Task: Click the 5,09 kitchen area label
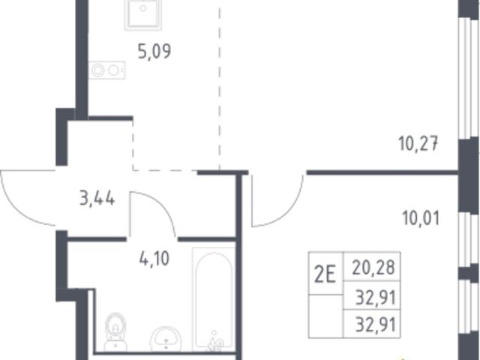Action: (154, 52)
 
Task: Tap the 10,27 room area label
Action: (418, 143)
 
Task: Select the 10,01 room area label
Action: (421, 218)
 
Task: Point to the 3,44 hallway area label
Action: (97, 198)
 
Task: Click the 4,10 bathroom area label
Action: (154, 259)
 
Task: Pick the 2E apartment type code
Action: (325, 274)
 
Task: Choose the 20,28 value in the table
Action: (373, 267)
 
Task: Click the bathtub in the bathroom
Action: (214, 299)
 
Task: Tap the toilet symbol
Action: (115, 332)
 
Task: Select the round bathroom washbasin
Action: (166, 339)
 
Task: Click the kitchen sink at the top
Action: (143, 15)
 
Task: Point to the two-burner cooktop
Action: (106, 70)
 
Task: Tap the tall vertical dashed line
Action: (220, 88)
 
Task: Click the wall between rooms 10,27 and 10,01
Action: (382, 173)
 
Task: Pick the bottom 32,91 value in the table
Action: (375, 324)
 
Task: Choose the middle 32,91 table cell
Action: (375, 297)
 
